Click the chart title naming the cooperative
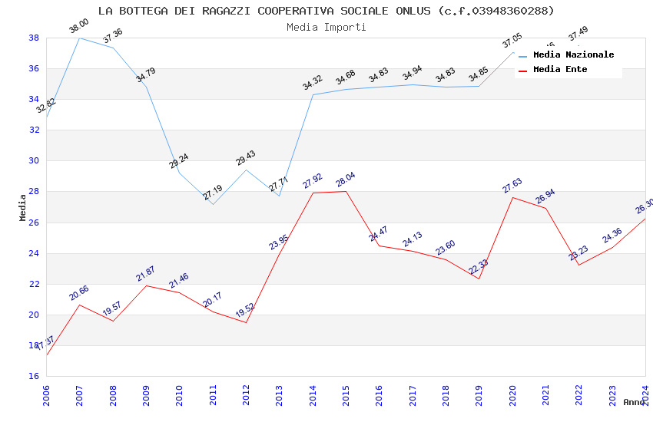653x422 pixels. coord(326,11)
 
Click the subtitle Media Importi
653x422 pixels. coord(326,27)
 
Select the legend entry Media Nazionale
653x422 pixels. coord(573,55)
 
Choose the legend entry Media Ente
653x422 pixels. coord(560,69)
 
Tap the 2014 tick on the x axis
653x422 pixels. coord(313,394)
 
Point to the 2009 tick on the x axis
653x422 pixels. coord(146,394)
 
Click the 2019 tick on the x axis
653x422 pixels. coord(479,394)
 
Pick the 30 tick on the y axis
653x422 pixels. coord(34,161)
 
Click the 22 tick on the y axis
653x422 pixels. coord(34,284)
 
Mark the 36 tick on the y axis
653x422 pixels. coord(34,68)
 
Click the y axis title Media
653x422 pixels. coord(23,207)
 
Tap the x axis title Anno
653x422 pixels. coord(634,402)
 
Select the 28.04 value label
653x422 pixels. coord(345,181)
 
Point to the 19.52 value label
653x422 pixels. coord(244,311)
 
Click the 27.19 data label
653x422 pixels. coord(213,193)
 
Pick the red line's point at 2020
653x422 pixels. coord(512,198)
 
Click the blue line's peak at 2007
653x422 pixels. coord(79,38)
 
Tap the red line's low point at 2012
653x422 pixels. coord(246,322)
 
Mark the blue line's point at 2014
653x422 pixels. coord(313,94)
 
